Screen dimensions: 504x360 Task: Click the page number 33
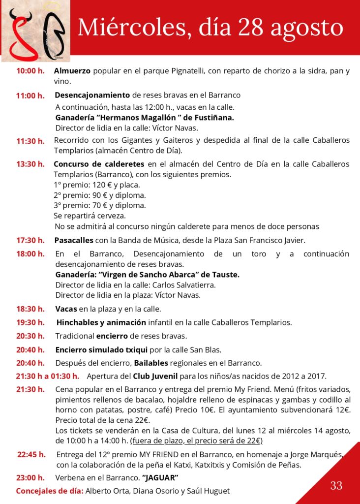(336, 486)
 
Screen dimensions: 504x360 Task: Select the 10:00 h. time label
(30, 71)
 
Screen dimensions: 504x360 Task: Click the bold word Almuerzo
(72, 71)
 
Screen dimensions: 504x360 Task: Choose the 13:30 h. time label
(30, 164)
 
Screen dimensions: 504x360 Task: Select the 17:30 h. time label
(30, 241)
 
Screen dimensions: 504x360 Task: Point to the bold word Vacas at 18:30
(66, 309)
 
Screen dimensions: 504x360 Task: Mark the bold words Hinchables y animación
(101, 323)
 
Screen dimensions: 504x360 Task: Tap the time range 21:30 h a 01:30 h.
(48, 377)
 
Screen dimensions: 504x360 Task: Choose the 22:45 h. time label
(31, 454)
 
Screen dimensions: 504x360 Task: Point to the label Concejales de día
(50, 491)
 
